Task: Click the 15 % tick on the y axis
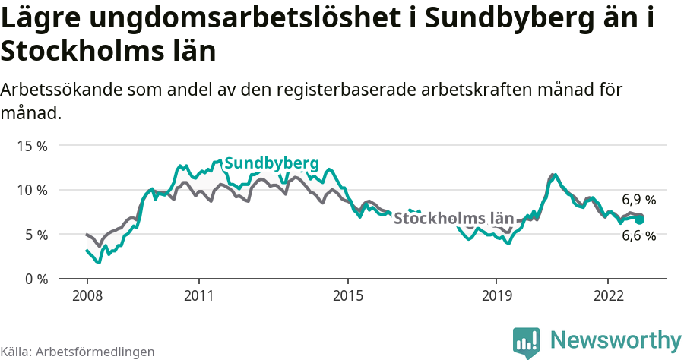click(32, 145)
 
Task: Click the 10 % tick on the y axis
click(32, 190)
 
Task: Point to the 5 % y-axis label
click(35, 235)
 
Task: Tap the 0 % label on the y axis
click(35, 279)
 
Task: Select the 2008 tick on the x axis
click(87, 294)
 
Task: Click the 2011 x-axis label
click(198, 294)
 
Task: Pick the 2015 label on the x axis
click(347, 294)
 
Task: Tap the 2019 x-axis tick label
click(496, 294)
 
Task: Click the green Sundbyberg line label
click(271, 163)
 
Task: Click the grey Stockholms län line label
click(454, 219)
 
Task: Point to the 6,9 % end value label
click(638, 201)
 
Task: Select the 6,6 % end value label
click(638, 236)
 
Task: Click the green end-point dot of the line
click(639, 219)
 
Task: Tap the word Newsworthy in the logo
click(616, 339)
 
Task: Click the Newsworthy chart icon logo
click(527, 342)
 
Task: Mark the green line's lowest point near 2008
click(100, 263)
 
